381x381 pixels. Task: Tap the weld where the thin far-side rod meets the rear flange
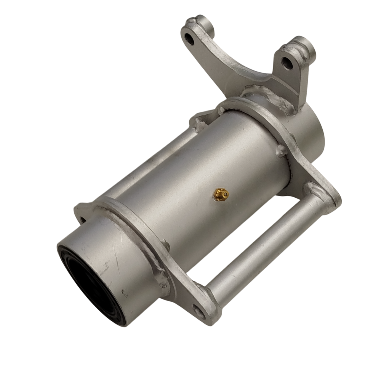pyautogui.click(x=198, y=122)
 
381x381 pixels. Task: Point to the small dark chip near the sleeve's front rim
pyautogui.click(x=124, y=292)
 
